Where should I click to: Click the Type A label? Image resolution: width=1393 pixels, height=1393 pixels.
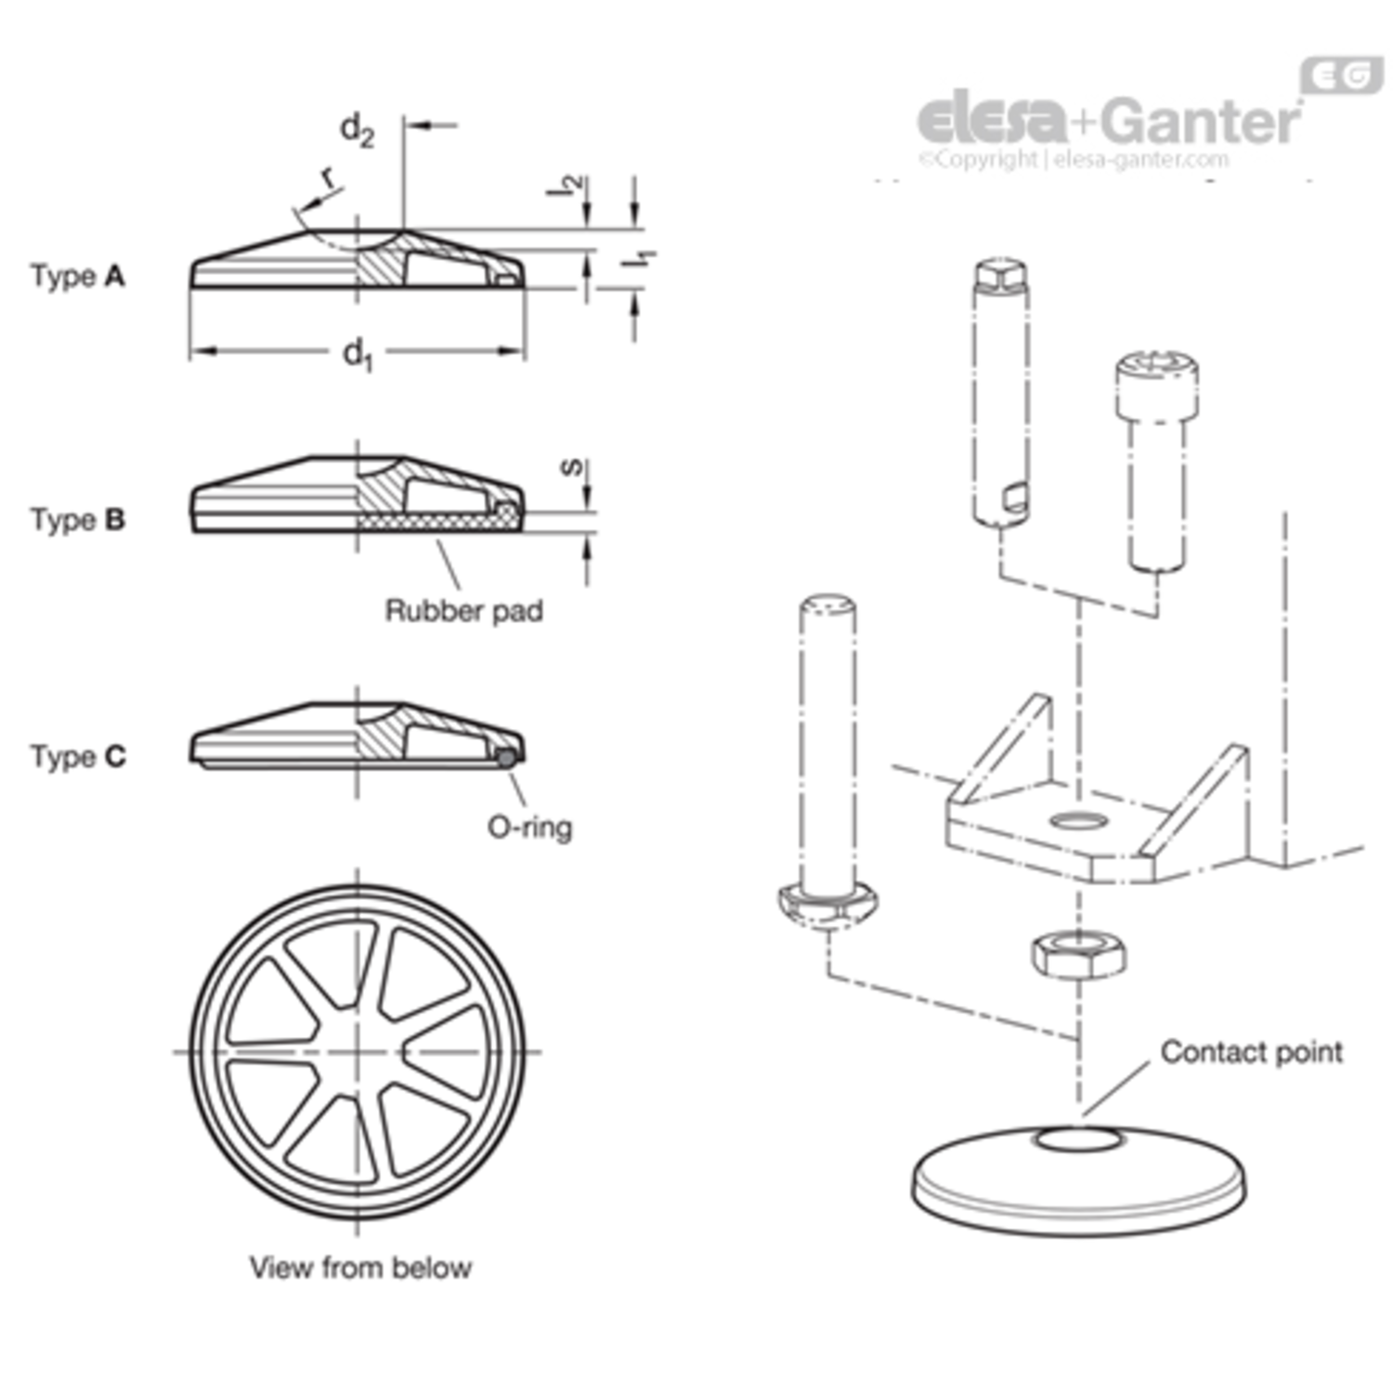click(x=78, y=276)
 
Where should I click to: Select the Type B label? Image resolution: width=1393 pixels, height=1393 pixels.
click(x=78, y=519)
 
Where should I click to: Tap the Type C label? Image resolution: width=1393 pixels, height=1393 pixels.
click(x=78, y=756)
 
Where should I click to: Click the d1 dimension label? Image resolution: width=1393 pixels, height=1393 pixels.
click(x=358, y=354)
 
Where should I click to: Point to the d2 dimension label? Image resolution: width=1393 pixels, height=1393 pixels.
click(x=357, y=129)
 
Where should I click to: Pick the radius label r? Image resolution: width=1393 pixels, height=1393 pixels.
click(x=327, y=176)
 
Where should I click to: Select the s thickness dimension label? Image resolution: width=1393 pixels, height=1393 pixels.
click(x=573, y=466)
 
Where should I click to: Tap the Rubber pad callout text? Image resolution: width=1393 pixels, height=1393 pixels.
click(x=463, y=611)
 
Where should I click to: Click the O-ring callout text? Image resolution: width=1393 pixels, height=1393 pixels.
click(x=529, y=827)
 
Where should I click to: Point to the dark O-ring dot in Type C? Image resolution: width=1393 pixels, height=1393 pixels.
click(x=505, y=758)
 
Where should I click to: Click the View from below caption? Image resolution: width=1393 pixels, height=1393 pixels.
click(x=360, y=1267)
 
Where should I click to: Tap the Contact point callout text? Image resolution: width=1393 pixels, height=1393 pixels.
click(x=1251, y=1051)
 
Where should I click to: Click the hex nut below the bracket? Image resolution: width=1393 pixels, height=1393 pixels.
click(x=1079, y=954)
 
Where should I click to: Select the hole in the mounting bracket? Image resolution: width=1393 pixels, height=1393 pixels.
click(x=1079, y=821)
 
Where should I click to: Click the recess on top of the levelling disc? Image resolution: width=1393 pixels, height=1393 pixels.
click(x=1079, y=1139)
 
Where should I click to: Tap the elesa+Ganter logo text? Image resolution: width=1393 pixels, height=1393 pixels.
click(x=1109, y=120)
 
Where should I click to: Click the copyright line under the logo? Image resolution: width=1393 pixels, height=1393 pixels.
click(x=1074, y=159)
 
